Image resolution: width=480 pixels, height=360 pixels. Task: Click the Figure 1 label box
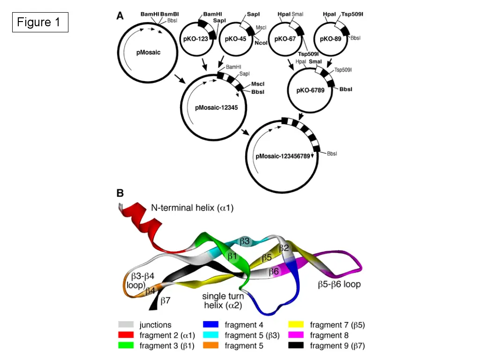(40, 22)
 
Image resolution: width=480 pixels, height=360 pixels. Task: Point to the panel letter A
(120, 15)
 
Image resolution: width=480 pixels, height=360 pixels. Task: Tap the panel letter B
(120, 193)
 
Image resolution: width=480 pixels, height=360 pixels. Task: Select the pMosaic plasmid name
(148, 52)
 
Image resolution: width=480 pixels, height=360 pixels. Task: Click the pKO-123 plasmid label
(195, 39)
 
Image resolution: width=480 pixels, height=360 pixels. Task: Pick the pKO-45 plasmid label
(235, 39)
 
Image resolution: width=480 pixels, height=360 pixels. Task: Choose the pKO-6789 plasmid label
(310, 90)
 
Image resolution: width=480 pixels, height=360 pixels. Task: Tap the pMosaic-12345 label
(217, 107)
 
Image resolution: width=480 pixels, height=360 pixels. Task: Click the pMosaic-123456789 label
(283, 156)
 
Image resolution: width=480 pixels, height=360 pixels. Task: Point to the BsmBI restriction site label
(170, 14)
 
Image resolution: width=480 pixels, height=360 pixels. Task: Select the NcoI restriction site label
(261, 43)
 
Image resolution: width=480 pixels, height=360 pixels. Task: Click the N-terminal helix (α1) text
(192, 208)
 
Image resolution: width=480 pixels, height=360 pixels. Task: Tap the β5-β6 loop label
(339, 284)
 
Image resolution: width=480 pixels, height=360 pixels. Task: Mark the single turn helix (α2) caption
(223, 300)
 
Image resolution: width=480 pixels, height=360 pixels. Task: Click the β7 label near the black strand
(165, 300)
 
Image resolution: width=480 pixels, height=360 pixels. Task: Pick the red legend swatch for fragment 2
(126, 335)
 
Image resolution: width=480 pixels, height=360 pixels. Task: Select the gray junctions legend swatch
(126, 324)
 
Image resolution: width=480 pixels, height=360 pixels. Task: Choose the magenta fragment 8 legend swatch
(296, 335)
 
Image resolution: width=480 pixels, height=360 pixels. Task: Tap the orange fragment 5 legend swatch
(210, 345)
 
